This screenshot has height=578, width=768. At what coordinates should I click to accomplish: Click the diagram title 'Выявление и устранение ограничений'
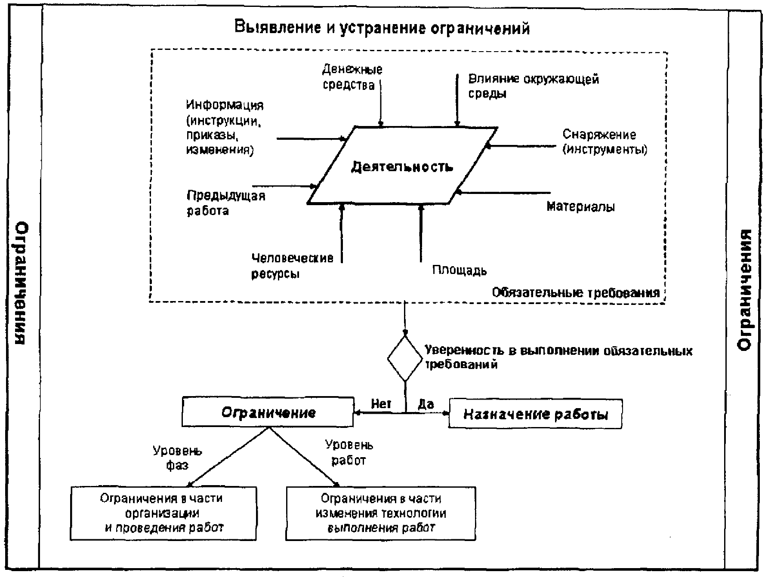382,28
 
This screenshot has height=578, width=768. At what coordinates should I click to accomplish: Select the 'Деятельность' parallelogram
403,165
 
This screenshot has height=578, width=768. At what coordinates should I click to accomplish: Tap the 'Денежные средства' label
352,77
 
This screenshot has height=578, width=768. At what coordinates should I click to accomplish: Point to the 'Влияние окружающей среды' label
534,86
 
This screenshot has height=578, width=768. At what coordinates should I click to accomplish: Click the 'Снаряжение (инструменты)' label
605,142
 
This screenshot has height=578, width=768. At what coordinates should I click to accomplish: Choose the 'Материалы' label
581,207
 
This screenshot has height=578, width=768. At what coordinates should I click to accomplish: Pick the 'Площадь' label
460,271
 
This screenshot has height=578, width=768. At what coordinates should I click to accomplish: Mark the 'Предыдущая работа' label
226,203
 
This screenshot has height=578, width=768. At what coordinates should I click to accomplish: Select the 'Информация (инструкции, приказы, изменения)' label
225,127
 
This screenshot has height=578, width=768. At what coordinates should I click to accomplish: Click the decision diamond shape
405,359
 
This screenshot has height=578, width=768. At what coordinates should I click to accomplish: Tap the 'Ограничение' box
268,412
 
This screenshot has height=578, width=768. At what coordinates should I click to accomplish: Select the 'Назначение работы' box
535,414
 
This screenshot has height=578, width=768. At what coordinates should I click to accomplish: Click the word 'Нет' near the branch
381,404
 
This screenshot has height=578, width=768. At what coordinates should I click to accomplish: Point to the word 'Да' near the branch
426,404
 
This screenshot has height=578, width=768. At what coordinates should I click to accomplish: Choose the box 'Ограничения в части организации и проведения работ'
163,513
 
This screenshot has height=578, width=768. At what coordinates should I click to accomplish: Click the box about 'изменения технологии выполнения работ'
381,513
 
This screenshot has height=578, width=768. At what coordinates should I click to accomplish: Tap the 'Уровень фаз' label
178,458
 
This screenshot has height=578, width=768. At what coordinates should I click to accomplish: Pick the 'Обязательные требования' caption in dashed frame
576,293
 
